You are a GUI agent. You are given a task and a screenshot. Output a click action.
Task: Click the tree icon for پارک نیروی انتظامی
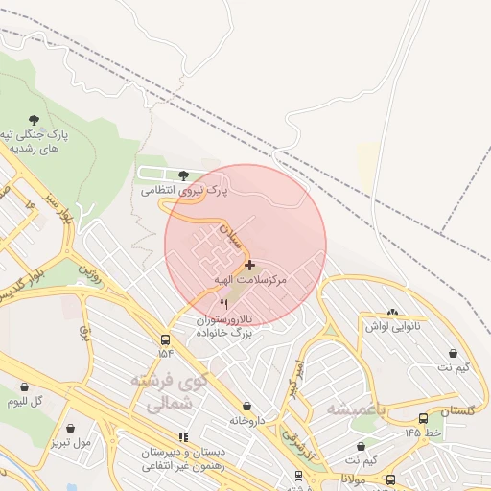click(x=183, y=175)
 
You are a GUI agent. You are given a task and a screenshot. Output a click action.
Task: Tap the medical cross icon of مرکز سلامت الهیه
click(x=249, y=265)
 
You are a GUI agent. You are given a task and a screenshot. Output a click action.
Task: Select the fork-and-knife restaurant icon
click(x=224, y=304)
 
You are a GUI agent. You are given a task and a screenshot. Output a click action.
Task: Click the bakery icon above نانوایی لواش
click(x=391, y=312)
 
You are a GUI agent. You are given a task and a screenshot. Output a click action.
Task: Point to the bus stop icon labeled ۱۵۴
click(x=166, y=340)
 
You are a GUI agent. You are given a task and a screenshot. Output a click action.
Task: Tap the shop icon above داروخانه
click(x=248, y=407)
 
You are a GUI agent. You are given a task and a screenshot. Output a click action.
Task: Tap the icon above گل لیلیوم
click(x=24, y=386)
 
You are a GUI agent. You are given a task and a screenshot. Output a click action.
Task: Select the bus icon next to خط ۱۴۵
click(x=423, y=418)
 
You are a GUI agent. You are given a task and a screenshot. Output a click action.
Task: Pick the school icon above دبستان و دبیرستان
click(x=183, y=437)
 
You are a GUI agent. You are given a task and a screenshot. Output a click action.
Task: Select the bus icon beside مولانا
click(x=389, y=479)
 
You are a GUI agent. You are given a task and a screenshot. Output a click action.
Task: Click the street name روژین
click(x=90, y=271)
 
